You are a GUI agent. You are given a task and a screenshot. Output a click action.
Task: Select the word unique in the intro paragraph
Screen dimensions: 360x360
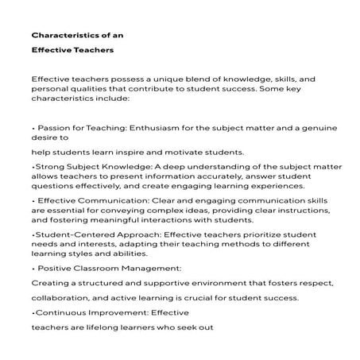tap(164, 79)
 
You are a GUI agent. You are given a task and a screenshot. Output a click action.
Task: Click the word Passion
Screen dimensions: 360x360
tap(56, 126)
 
